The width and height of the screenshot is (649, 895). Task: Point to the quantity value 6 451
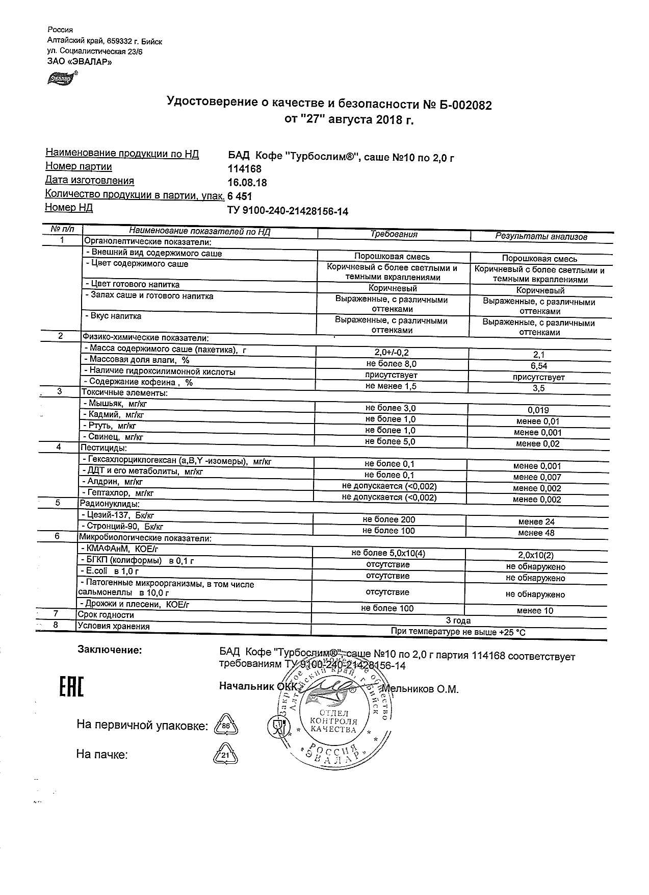tap(240, 196)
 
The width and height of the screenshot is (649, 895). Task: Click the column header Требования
tap(394, 235)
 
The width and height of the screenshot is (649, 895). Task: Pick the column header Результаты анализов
tap(541, 237)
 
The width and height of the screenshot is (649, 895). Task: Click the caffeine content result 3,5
tap(538, 388)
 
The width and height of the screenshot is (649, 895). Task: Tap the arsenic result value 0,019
tap(538, 410)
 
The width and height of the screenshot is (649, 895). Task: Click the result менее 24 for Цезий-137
tap(536, 522)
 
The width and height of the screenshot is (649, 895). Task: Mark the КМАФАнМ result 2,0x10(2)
tap(535, 556)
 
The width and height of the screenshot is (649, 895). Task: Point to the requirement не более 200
tap(388, 520)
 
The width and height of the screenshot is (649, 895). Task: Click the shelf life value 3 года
tap(458, 621)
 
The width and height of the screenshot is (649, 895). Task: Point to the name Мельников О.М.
tap(421, 689)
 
